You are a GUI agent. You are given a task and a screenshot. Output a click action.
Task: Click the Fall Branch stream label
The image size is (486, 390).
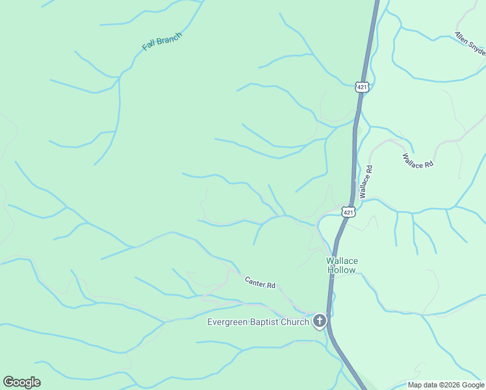(162, 41)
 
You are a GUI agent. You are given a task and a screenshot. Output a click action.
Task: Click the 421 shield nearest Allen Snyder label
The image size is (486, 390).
(362, 86)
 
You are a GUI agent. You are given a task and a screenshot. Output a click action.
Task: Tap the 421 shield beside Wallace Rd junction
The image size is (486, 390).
(348, 212)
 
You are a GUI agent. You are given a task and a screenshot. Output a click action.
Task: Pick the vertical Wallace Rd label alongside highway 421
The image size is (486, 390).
(366, 182)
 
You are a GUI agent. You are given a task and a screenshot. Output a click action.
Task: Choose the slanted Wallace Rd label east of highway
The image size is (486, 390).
(418, 161)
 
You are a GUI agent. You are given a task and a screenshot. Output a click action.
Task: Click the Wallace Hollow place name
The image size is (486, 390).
(341, 265)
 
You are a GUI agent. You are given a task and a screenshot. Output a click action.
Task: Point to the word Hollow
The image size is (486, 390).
(341, 270)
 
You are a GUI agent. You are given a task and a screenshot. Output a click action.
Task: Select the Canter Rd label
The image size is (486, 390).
(261, 283)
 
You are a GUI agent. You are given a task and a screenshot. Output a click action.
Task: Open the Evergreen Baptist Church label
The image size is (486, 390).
(258, 322)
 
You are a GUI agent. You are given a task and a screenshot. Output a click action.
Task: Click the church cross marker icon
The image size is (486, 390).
(319, 320)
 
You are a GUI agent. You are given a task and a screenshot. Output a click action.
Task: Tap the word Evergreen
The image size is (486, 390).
(228, 322)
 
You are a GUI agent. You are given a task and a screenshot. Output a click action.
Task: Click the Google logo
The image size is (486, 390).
(21, 382)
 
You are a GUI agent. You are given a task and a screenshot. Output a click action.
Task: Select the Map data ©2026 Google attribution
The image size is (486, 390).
(446, 385)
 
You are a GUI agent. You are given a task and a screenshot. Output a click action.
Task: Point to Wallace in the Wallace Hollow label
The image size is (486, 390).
(341, 261)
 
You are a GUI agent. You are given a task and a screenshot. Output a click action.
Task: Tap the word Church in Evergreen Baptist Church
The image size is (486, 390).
(296, 322)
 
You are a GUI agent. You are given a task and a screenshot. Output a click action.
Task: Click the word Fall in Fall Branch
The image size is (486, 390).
(149, 47)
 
